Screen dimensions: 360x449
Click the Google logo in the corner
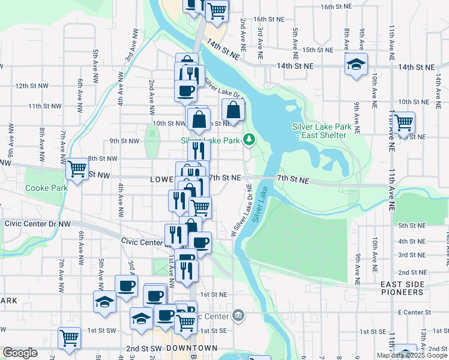pos(20,353)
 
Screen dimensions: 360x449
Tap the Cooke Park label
pos(45,187)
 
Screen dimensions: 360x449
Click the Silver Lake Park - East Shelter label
pos(319,131)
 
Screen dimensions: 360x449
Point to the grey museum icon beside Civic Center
pos(238,316)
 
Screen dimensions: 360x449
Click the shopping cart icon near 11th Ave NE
pos(403,122)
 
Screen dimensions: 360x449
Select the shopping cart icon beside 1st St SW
pos(69,338)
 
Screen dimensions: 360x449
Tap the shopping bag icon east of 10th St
pos(233,110)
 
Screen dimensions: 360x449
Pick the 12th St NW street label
pos(31,86)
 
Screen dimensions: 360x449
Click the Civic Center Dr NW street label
pos(37,223)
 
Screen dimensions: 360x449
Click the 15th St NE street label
pos(318,50)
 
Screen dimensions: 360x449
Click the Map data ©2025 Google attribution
pos(412,355)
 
